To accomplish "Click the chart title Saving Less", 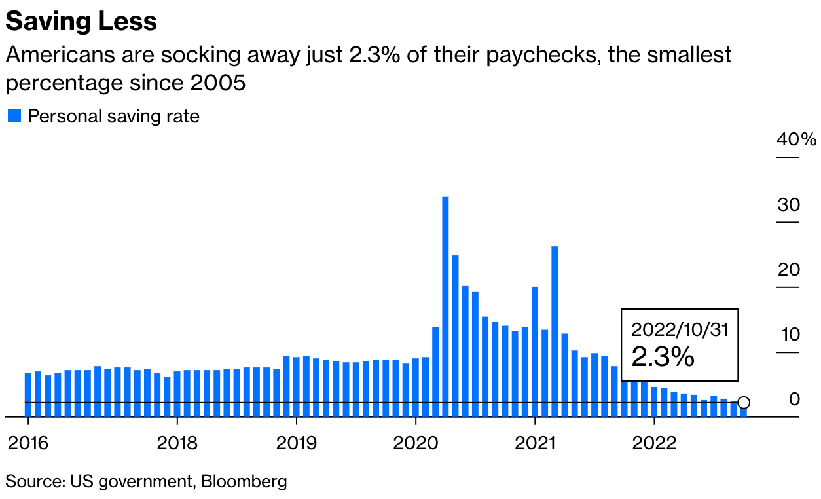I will coord(81,22).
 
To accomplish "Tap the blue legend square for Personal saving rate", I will coord(14,117).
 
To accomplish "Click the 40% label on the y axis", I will coord(796,139).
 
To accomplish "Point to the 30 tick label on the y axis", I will coord(789,205).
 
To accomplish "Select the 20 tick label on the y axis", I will coord(789,270).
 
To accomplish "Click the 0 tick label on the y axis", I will coord(794,399).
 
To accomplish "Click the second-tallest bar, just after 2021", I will coord(555,331).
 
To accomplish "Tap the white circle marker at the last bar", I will coord(743,403).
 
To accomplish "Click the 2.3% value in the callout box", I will coord(663,357).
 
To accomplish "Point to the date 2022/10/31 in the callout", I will coord(679,329).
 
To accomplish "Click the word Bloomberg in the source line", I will coord(244,482).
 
